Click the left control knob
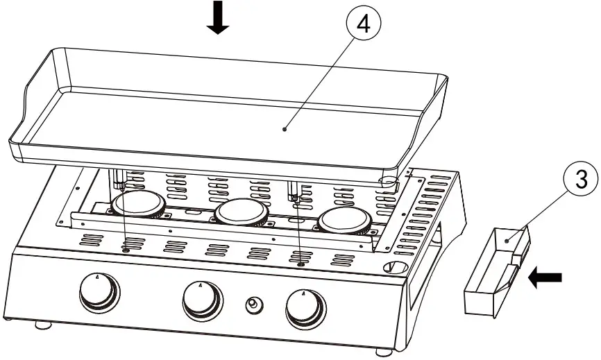coord(97,293)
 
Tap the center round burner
coord(241,213)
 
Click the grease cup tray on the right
coord(493,274)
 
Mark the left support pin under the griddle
coord(119,180)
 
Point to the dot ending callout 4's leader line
coord(286,127)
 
